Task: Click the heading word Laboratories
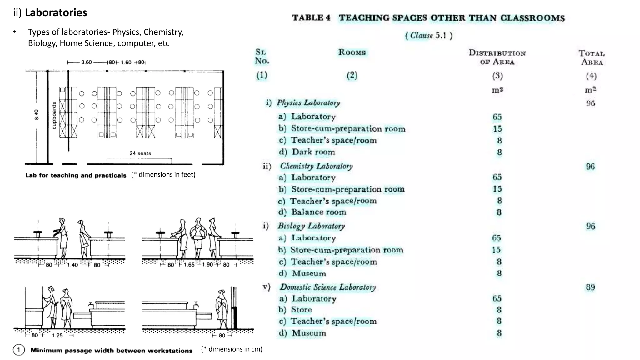(56, 12)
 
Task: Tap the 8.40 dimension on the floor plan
(37, 115)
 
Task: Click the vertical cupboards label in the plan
(54, 115)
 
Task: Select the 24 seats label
(140, 153)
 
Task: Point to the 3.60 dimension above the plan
(87, 62)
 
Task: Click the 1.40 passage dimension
(72, 265)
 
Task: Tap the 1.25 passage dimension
(57, 335)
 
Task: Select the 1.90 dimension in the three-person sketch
(207, 265)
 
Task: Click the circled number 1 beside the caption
(18, 350)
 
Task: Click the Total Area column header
(592, 57)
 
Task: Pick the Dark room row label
(313, 152)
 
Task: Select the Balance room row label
(318, 212)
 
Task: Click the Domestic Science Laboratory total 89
(590, 287)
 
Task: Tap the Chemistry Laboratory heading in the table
(316, 166)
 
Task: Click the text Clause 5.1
(428, 36)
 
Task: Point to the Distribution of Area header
(497, 57)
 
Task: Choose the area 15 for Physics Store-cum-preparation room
(497, 129)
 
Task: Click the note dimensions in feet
(163, 174)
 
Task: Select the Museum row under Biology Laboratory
(309, 273)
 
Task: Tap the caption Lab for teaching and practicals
(76, 175)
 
